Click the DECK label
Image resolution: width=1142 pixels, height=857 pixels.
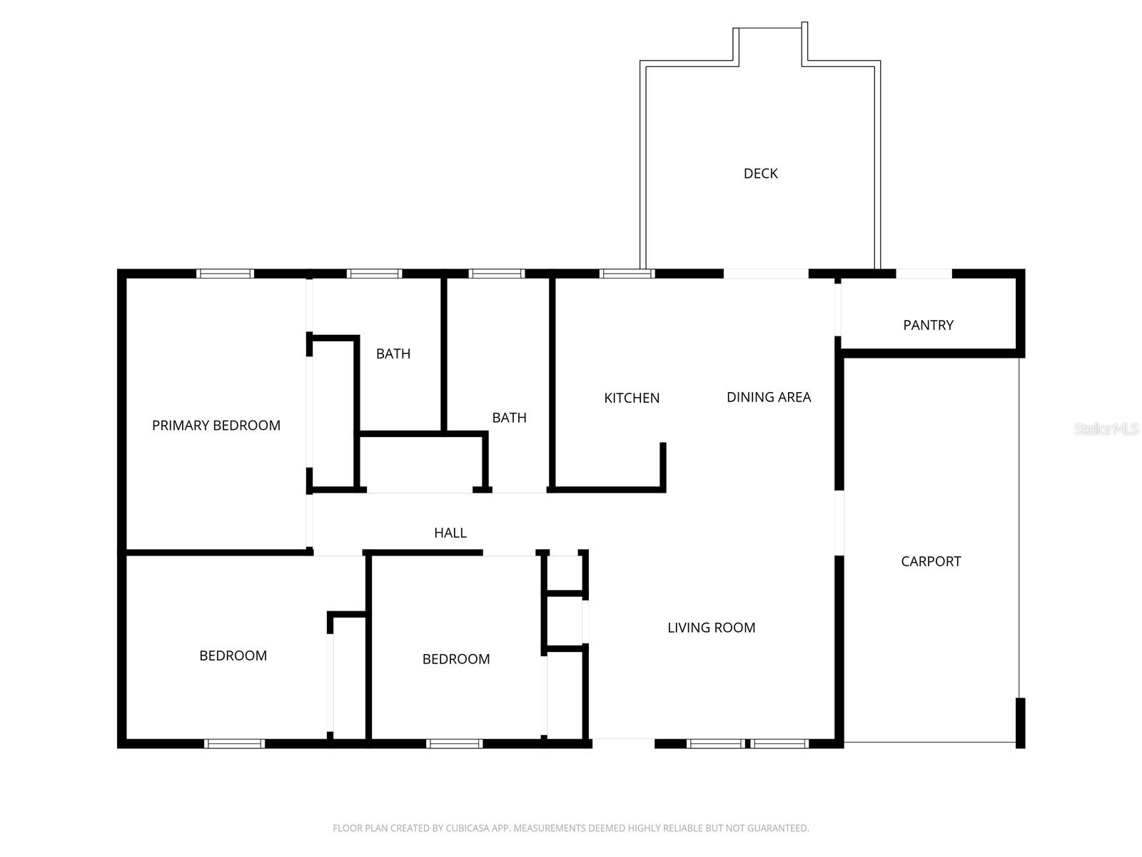coord(760,174)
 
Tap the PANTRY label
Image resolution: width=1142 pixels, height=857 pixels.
coord(928,325)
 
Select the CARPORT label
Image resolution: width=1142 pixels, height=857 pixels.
coord(931,561)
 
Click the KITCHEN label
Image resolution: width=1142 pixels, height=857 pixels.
coord(632,398)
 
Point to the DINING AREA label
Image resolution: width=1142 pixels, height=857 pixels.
coord(769,397)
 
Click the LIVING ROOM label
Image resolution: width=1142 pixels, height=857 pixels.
coord(711,628)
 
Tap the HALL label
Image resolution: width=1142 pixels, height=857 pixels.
coord(450,533)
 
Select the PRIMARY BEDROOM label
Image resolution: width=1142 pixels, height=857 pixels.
coord(216,426)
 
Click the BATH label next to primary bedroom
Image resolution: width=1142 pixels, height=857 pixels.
coord(393,354)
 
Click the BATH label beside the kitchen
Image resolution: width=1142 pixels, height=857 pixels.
coord(509,418)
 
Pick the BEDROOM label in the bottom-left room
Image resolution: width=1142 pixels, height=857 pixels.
coord(233,656)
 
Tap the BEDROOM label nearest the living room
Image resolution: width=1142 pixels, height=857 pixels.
coord(456,659)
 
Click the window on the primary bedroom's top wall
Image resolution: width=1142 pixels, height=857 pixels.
coord(225,274)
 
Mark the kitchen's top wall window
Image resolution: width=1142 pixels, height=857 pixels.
coord(627,274)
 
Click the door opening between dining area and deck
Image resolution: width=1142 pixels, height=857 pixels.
coord(766,274)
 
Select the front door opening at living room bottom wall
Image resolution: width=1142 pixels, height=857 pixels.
coord(623,743)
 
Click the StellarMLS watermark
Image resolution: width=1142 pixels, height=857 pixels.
coord(1106,429)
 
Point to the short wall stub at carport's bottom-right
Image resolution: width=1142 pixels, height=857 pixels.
coord(1020,723)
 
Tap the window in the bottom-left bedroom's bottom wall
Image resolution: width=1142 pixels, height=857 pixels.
coord(234,743)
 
